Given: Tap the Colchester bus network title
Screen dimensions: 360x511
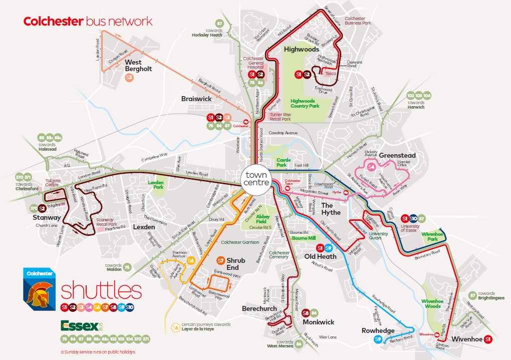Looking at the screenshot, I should (88, 22).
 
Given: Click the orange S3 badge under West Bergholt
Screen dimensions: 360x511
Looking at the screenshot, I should (129, 78).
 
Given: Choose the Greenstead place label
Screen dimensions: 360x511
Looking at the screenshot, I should (398, 155).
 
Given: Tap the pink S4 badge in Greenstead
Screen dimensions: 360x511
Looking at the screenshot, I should (371, 166).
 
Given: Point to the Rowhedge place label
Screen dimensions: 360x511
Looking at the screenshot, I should (378, 330).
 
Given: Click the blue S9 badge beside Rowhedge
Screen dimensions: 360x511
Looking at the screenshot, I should (379, 340).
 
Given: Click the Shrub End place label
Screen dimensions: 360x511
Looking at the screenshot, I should (235, 264).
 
